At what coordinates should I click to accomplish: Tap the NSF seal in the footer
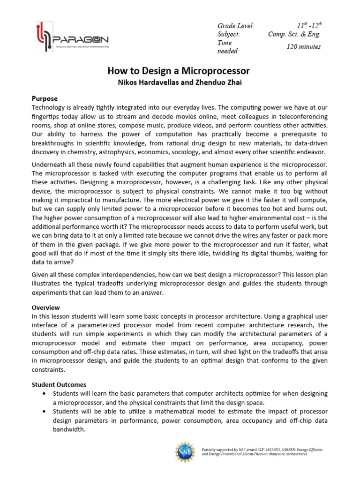pos(184,452)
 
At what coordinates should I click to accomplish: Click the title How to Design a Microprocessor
pos(179,71)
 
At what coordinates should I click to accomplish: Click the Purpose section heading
pos(45,98)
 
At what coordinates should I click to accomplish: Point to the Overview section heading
pos(45,307)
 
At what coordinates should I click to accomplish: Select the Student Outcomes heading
pos(59,384)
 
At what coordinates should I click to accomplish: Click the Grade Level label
pos(236,25)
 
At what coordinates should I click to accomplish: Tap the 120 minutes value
pos(303,46)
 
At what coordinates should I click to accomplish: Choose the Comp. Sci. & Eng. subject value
pos(294,34)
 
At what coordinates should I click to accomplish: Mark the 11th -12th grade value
pos(309,25)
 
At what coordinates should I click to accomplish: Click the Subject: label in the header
pos(229,34)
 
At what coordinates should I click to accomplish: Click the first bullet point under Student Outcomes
pos(44,393)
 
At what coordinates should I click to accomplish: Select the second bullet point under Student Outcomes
pos(44,411)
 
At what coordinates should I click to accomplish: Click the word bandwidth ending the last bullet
pos(68,429)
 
